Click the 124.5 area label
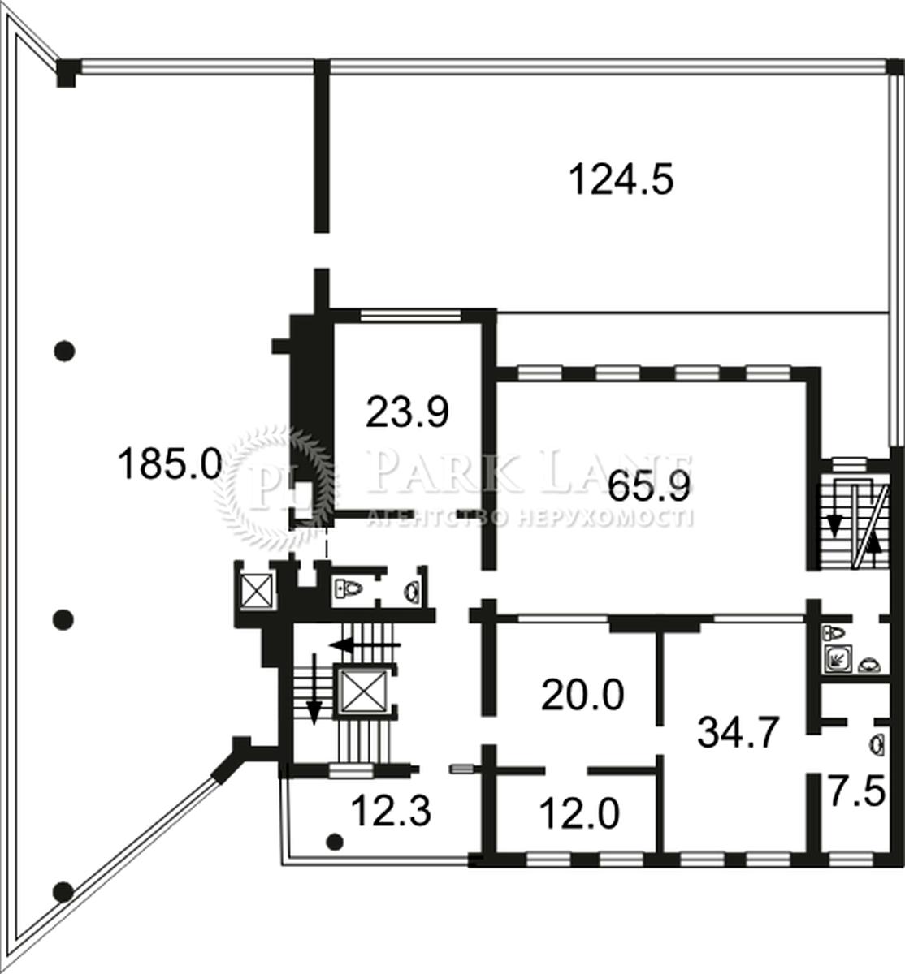(621, 179)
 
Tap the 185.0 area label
(170, 463)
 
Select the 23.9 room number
(407, 412)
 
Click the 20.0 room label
(582, 695)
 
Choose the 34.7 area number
(738, 732)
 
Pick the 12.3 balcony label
(392, 811)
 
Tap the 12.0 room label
(579, 813)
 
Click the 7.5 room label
(857, 791)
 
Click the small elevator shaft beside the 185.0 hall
(256, 591)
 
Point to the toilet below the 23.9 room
(349, 588)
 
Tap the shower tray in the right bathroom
(838, 658)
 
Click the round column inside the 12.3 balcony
(335, 842)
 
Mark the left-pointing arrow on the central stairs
(365, 645)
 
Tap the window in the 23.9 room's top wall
(410, 316)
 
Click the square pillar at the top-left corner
(67, 72)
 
